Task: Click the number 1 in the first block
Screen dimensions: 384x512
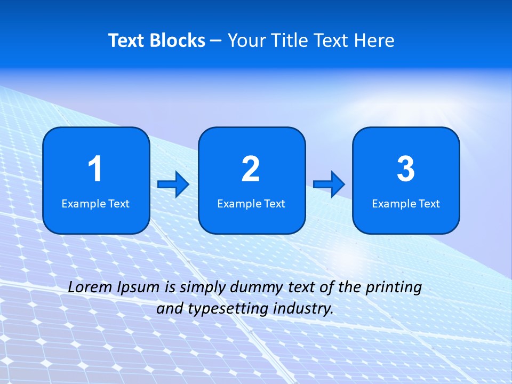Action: (95, 169)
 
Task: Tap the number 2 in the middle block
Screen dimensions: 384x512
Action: (251, 169)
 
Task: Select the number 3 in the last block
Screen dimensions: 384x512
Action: (406, 169)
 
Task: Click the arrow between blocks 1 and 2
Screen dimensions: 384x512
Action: (173, 185)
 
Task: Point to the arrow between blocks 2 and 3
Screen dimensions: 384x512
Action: (329, 185)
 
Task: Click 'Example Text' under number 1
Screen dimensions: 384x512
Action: (95, 203)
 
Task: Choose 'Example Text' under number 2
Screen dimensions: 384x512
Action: (251, 203)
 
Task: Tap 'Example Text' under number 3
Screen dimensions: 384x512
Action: (406, 203)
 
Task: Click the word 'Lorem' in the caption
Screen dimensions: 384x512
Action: (91, 287)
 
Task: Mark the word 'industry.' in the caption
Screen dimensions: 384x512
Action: (303, 309)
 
